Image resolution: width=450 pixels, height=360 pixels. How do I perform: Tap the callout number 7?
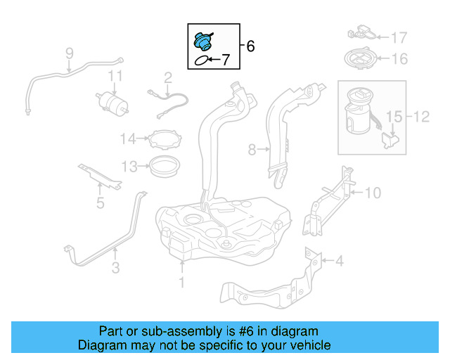(226, 60)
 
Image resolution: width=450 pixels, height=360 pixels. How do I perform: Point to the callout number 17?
(399, 37)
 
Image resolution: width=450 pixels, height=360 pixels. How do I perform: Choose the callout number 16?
(399, 59)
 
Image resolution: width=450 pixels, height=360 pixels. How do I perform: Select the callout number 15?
(393, 115)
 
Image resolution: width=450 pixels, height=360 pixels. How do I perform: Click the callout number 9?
(70, 53)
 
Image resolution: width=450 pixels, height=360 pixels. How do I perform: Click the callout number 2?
(168, 77)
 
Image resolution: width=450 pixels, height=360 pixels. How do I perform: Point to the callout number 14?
(127, 139)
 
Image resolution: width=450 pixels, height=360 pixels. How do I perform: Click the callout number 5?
(100, 204)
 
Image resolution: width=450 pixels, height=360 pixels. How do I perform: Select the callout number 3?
(115, 267)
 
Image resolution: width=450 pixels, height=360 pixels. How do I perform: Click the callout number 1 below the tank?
(181, 283)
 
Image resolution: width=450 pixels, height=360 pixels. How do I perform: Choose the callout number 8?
(252, 149)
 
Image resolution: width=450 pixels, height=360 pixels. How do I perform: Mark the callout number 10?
(373, 191)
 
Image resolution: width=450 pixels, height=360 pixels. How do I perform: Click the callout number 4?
(340, 262)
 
